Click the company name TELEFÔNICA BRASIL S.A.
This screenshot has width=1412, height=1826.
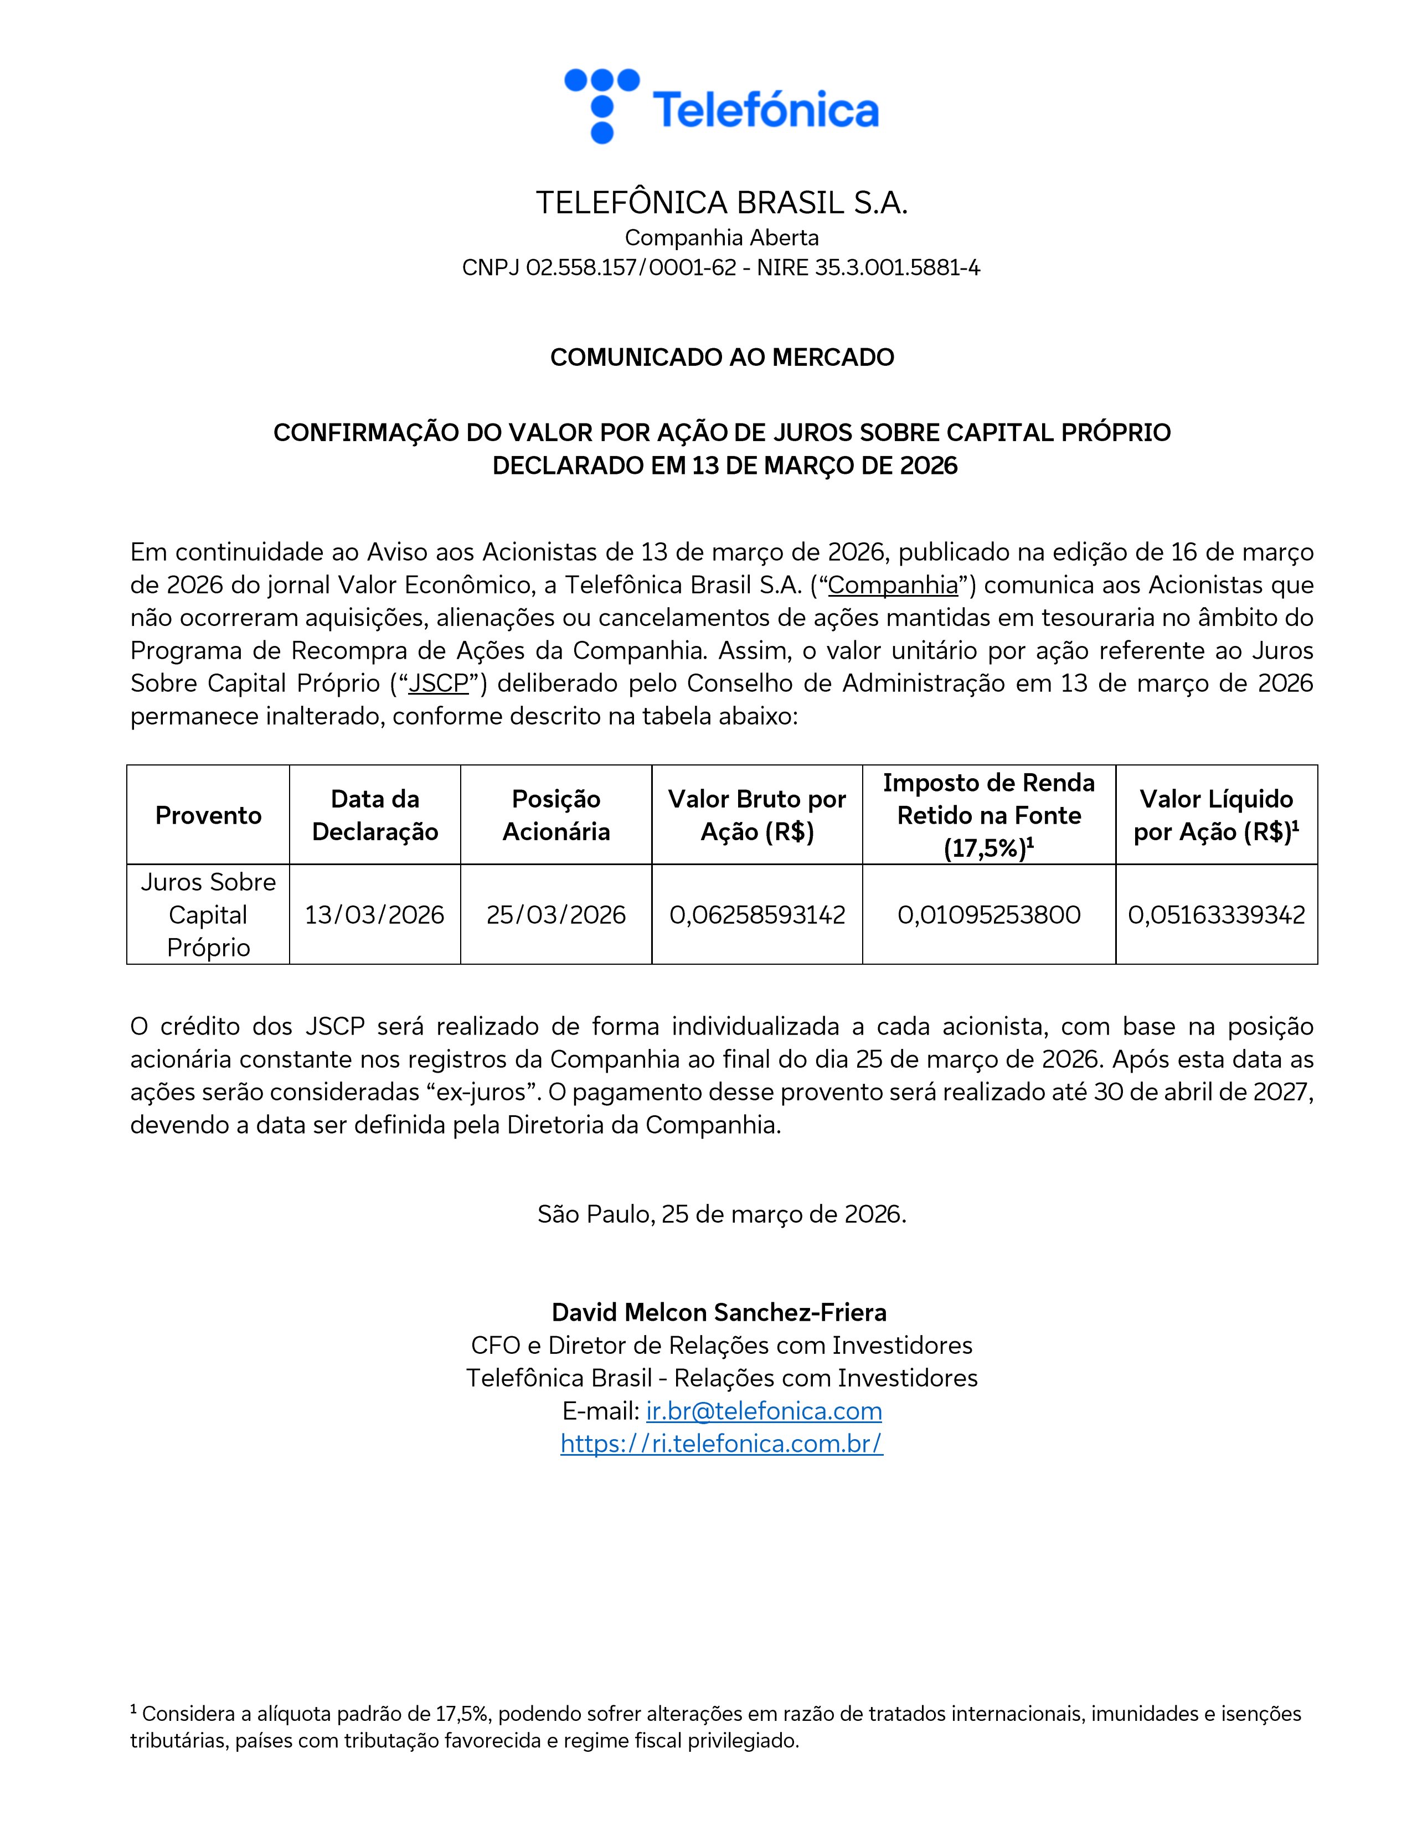(x=721, y=203)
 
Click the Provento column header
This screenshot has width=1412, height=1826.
(x=208, y=815)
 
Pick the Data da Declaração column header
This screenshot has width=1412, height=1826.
(x=375, y=815)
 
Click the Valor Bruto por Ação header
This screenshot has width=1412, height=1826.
(x=757, y=815)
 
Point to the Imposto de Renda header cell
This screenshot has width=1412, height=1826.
(x=989, y=815)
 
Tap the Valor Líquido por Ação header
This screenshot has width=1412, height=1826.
(x=1217, y=815)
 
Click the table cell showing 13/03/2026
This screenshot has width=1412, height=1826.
(x=375, y=915)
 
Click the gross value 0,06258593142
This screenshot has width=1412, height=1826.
(x=757, y=915)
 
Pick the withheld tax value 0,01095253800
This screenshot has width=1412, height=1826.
(x=989, y=915)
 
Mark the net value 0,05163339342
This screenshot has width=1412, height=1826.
(x=1217, y=915)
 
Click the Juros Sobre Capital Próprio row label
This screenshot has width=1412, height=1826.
(x=208, y=915)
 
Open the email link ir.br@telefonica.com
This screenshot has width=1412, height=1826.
(x=764, y=1411)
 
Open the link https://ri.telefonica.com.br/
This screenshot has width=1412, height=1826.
(x=721, y=1444)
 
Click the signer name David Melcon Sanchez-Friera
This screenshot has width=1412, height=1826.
(x=719, y=1313)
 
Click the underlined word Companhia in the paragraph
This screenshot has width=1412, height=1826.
(x=893, y=585)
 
